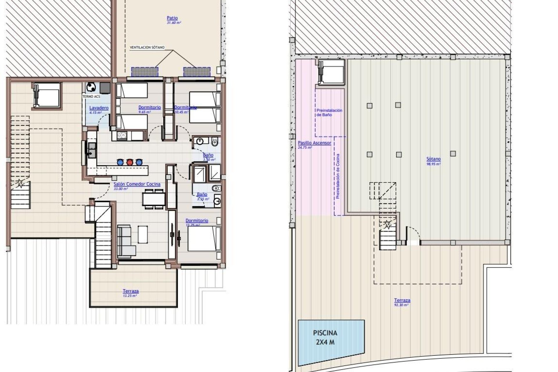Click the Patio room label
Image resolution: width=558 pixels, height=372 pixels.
click(172, 18)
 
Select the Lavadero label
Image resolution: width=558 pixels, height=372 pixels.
click(99, 108)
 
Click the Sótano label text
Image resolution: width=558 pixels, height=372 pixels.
click(433, 159)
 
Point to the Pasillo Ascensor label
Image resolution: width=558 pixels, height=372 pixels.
click(314, 143)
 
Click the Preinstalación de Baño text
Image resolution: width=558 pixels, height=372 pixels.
click(329, 113)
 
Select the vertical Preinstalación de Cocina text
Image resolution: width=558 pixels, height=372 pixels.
click(338, 176)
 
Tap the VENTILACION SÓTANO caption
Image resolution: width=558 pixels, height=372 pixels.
click(147, 47)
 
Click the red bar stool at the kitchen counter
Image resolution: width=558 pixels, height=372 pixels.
click(130, 162)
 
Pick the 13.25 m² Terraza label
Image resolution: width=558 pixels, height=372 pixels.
click(130, 291)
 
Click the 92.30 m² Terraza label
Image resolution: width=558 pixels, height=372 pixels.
click(402, 301)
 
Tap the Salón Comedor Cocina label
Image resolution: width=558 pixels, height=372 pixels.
click(137, 184)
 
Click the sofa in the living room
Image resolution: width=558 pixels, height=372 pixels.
click(125, 241)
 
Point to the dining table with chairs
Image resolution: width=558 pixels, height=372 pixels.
click(154, 199)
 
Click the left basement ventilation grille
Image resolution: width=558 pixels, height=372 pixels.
click(145, 72)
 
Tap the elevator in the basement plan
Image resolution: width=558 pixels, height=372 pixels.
click(331, 72)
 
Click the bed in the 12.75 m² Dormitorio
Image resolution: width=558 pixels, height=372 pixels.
click(203, 238)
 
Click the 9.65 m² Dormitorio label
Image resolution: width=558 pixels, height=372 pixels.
click(149, 108)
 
